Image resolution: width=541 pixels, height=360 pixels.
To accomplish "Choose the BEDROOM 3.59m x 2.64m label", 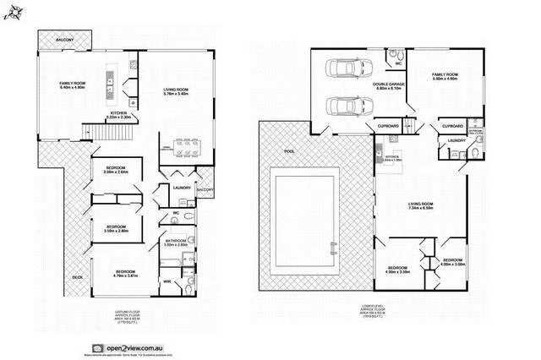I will click(x=115, y=172).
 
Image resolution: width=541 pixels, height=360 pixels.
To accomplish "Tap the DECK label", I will click(x=77, y=276).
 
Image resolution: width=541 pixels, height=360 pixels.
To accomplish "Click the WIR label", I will click(x=167, y=280).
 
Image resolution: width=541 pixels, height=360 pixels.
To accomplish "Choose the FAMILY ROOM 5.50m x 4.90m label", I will click(x=444, y=78).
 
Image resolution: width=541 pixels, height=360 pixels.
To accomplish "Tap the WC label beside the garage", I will click(x=397, y=63).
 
